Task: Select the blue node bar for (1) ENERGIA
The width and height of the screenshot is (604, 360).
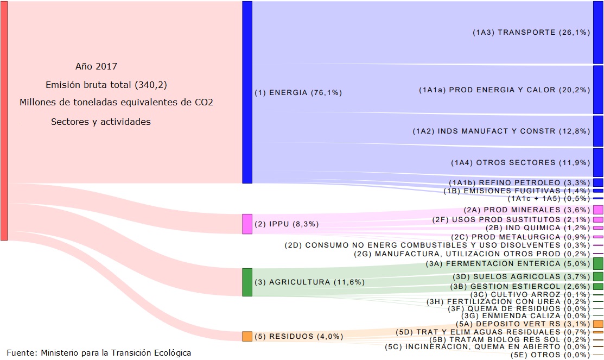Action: tap(247, 92)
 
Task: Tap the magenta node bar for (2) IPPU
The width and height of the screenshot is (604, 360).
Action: tap(247, 224)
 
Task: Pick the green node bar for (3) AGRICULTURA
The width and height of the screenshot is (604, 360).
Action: tap(247, 282)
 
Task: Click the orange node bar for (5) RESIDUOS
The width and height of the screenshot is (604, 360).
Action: tap(247, 336)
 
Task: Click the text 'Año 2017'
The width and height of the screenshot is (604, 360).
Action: tap(96, 67)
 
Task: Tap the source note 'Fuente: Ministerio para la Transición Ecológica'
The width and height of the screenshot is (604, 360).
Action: tap(99, 353)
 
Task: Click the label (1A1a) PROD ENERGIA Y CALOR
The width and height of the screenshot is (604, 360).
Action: tap(504, 90)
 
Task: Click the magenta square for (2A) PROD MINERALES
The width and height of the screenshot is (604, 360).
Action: tap(598, 210)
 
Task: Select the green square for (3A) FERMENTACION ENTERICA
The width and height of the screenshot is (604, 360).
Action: tap(598, 264)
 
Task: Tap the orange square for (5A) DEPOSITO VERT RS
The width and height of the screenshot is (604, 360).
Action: tap(598, 323)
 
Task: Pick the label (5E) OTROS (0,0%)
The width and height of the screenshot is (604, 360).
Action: tap(550, 355)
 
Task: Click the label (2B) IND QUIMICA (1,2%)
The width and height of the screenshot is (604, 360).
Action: tap(537, 228)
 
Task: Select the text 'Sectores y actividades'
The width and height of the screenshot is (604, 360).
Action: tap(101, 122)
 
